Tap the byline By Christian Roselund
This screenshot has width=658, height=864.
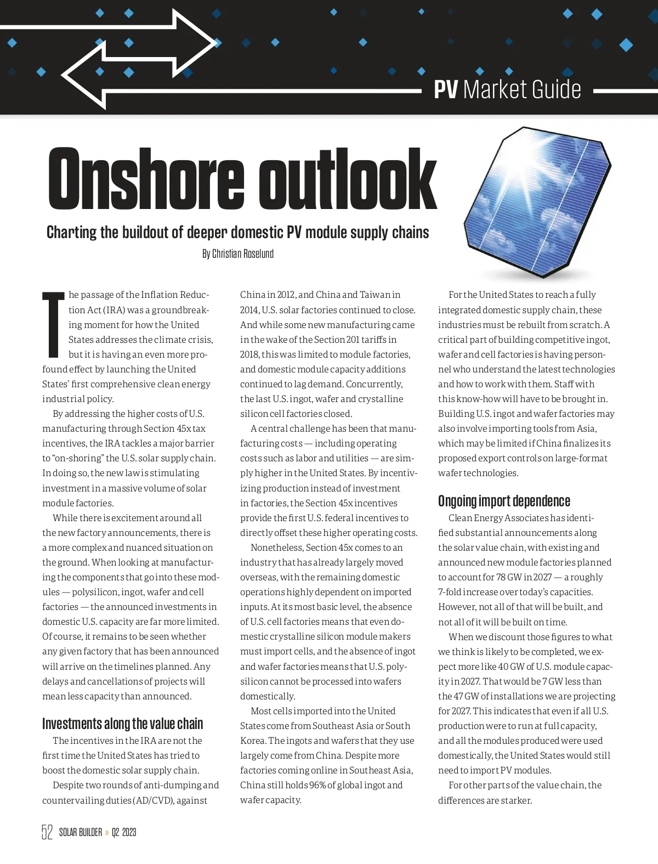pyautogui.click(x=237, y=254)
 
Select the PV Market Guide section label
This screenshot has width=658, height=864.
pyautogui.click(x=507, y=89)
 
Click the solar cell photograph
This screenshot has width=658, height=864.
pyautogui.click(x=537, y=203)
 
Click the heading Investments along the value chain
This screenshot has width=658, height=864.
pyautogui.click(x=122, y=724)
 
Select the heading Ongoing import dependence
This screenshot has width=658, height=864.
pyautogui.click(x=504, y=501)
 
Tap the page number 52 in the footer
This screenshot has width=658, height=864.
pyautogui.click(x=47, y=832)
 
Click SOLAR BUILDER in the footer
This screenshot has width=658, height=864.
pyautogui.click(x=81, y=832)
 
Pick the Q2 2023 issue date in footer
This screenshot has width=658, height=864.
pyautogui.click(x=124, y=832)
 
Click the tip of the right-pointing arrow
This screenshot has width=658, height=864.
pyautogui.click(x=215, y=42)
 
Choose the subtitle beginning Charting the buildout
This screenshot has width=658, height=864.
pyautogui.click(x=237, y=233)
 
